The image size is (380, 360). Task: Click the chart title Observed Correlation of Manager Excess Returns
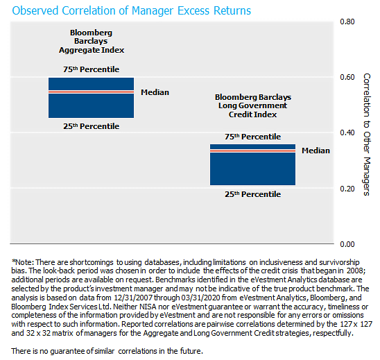(x=131, y=11)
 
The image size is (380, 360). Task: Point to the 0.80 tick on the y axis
(x=347, y=22)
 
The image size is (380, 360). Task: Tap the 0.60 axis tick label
(x=347, y=77)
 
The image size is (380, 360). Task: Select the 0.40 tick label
(x=347, y=132)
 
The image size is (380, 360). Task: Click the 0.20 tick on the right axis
(x=347, y=189)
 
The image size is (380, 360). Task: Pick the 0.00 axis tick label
(x=347, y=244)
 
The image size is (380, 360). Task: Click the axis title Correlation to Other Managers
(x=367, y=135)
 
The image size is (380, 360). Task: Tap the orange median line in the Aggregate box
(x=91, y=92)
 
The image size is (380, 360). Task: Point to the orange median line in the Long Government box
(x=252, y=151)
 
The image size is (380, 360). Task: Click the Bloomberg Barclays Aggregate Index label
(x=92, y=41)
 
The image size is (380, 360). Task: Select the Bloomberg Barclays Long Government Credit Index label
(x=253, y=105)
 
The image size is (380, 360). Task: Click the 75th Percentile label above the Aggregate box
(x=91, y=69)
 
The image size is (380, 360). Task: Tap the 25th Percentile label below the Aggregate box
(x=91, y=126)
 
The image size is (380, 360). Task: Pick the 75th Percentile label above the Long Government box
(x=252, y=137)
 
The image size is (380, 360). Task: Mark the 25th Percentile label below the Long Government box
(x=252, y=194)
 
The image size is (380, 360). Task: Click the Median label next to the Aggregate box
(x=155, y=92)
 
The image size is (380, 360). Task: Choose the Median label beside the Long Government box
(x=316, y=151)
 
